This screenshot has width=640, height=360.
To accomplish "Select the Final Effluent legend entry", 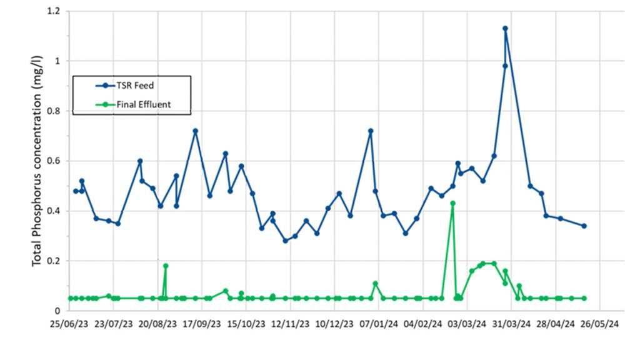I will point(143,104).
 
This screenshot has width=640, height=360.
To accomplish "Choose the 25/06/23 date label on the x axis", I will point(69,325).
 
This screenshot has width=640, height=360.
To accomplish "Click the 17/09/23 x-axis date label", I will point(201,325).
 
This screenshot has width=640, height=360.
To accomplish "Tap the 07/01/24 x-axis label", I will point(378,325).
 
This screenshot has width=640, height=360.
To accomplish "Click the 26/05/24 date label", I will point(599,325).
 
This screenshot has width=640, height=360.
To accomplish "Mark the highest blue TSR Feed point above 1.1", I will point(505,28).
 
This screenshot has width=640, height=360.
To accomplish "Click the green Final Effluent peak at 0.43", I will point(452,203).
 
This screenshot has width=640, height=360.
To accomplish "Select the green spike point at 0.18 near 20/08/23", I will point(166,266).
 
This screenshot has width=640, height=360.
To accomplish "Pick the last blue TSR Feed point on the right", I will point(584,226).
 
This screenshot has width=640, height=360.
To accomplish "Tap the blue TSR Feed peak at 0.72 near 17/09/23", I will point(195,131).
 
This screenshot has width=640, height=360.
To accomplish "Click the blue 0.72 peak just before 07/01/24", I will point(371,131).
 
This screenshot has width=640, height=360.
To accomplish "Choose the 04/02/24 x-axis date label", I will point(422,325).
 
